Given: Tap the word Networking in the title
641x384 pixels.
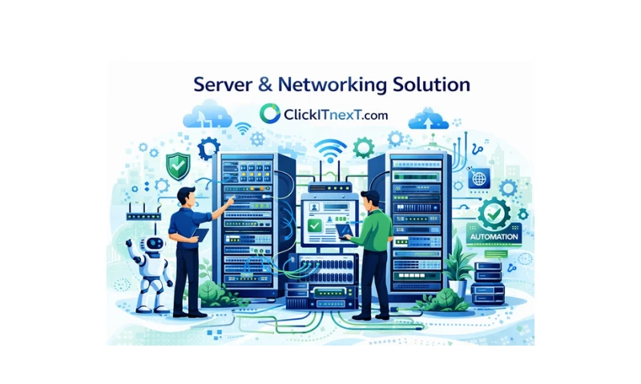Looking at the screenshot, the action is point(332,85).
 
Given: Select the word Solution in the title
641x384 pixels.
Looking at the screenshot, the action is point(431,84).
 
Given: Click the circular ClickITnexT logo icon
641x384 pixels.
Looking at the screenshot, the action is point(270,113).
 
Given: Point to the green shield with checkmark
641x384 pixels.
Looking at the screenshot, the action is point(178,166).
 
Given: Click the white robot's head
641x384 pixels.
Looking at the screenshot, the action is point(154,244).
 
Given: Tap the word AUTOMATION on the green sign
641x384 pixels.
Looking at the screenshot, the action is point(494,237).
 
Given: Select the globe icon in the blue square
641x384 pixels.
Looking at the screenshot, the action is point(479,178).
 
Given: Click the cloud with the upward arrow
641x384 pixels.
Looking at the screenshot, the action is point(429,118).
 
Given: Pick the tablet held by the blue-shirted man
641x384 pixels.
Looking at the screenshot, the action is point(200,234).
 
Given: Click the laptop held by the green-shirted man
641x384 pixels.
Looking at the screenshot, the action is point(345,230).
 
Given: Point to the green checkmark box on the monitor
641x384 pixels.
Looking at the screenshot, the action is point(314,226).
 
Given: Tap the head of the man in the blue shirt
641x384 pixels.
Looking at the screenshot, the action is point(187,196).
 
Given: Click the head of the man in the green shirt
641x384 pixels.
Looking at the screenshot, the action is point(371,200).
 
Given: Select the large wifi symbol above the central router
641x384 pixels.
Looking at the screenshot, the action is point(330,148).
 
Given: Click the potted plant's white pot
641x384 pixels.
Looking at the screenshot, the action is point(458,288).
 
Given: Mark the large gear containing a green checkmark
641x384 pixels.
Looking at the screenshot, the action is point(494,213).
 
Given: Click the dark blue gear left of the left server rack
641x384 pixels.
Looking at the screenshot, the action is point(208,148).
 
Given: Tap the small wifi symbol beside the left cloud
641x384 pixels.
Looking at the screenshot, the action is point(243,128).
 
